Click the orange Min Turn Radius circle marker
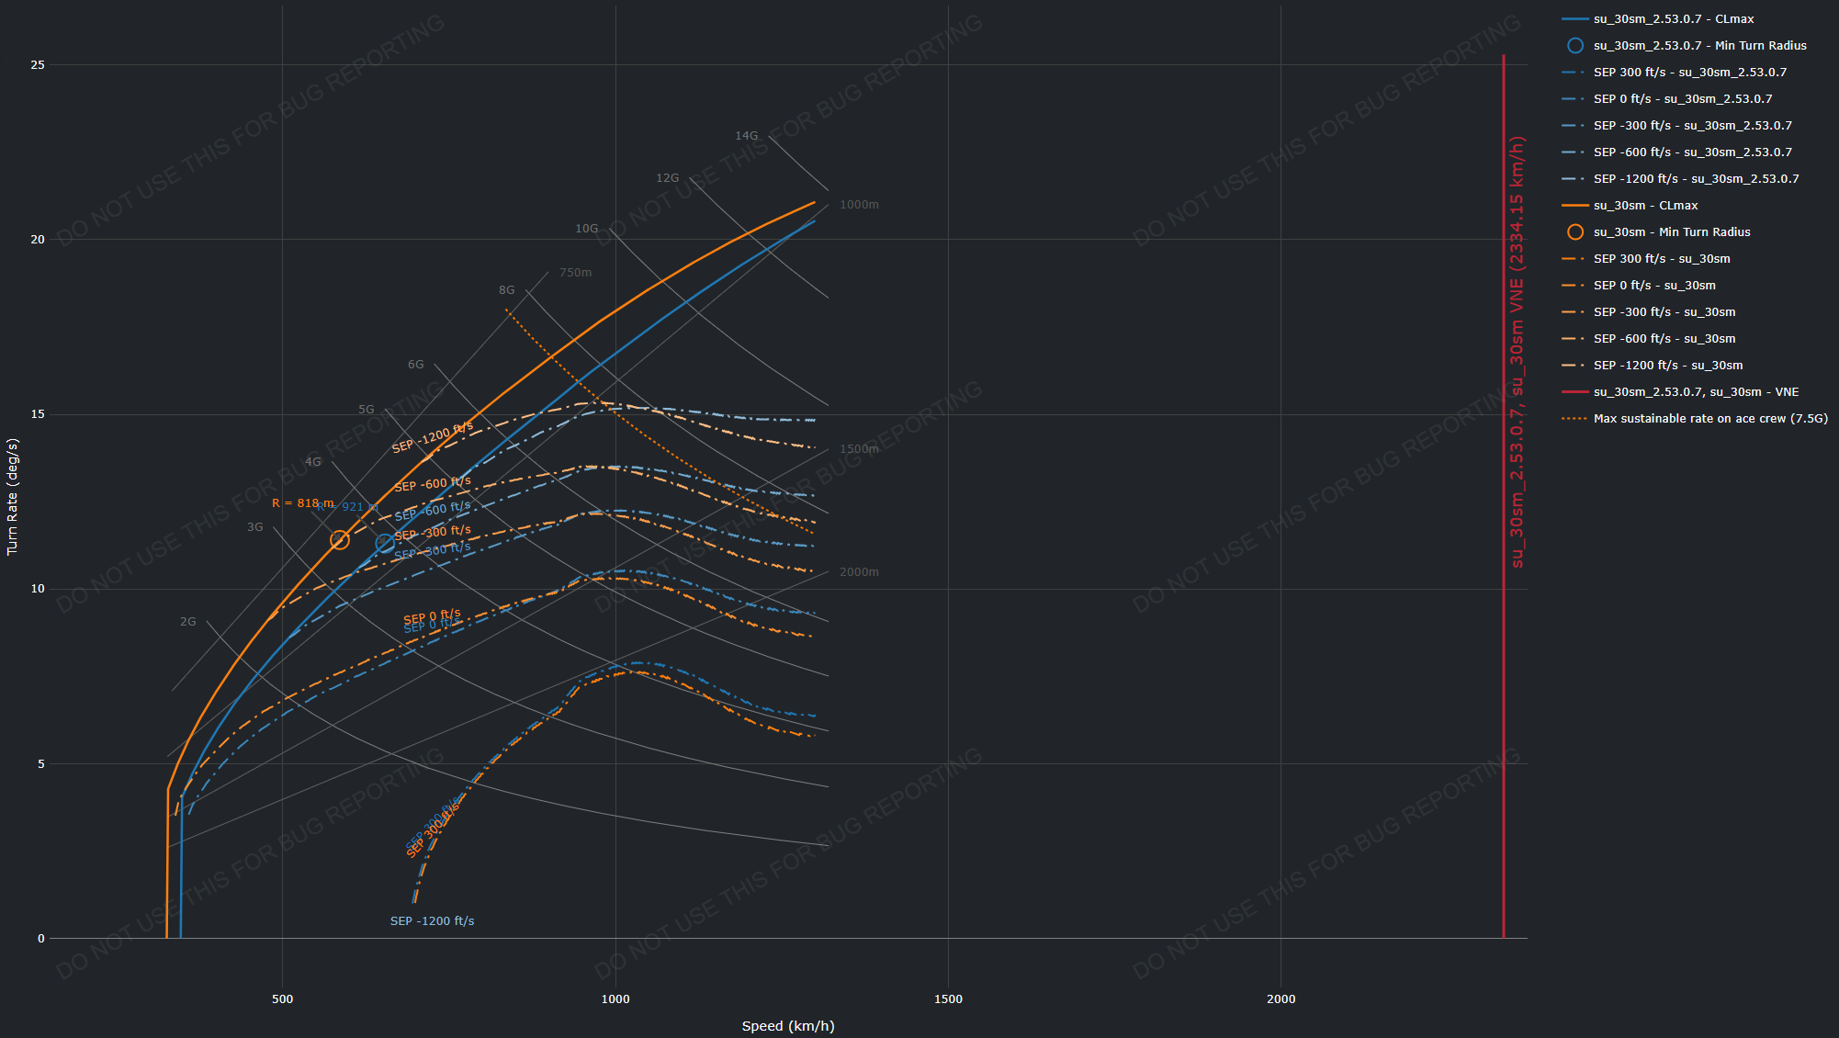pos(340,540)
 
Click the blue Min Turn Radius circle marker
pos(385,543)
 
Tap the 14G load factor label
pos(746,136)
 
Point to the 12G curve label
pos(667,178)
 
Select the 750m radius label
pos(575,273)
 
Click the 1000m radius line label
pos(859,205)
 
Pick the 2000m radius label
pos(859,572)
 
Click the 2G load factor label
pos(187,622)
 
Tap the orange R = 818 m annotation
pos(302,503)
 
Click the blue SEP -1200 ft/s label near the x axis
pos(432,921)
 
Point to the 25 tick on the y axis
pos(38,65)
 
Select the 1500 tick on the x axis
pos(948,999)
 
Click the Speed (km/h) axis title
pos(788,1026)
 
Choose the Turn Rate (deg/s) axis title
pos(12,496)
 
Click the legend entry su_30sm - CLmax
pos(1645,206)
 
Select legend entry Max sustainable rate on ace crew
pos(1709,419)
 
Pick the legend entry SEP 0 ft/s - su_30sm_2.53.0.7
pos(1682,99)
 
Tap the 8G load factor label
pos(506,290)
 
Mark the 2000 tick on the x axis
pos(1281,999)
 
